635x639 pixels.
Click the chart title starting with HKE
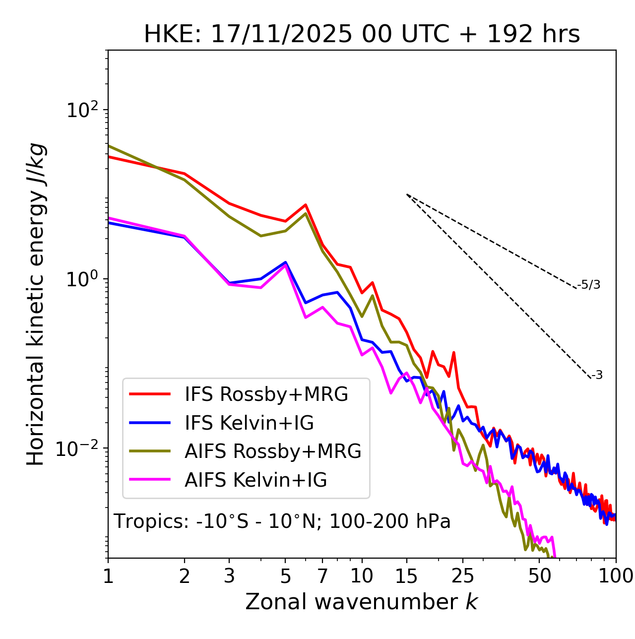tap(362, 35)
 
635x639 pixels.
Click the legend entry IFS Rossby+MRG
tap(266, 394)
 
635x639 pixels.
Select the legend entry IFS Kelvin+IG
tap(249, 423)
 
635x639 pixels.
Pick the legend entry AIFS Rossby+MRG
tap(273, 451)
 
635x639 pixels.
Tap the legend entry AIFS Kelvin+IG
tap(255, 480)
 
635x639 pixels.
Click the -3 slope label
tap(597, 376)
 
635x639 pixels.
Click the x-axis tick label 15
tap(407, 576)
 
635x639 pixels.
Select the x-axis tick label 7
tap(322, 576)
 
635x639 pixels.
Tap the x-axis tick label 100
tap(616, 576)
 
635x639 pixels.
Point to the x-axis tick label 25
tap(463, 576)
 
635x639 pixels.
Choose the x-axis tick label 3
tap(229, 576)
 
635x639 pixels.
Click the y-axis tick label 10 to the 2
tap(81, 110)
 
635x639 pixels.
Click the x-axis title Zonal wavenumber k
tap(362, 602)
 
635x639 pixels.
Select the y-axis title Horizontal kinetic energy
tap(36, 305)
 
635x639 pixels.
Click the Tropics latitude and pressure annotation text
tap(282, 522)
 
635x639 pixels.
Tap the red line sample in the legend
tap(150, 394)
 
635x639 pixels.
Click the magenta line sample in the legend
tap(150, 480)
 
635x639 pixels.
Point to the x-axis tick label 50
tap(540, 576)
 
